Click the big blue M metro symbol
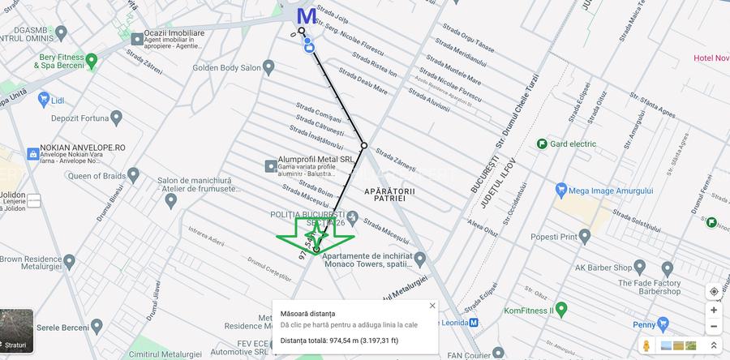(307, 15)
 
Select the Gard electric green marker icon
(541, 144)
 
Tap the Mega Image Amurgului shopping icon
(560, 190)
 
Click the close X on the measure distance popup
(432, 306)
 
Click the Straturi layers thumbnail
(16, 331)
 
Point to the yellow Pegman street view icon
(646, 345)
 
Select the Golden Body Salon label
(226, 67)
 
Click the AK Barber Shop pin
(667, 268)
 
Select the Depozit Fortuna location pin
(116, 118)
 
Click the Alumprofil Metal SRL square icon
(270, 166)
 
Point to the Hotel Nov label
(711, 58)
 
